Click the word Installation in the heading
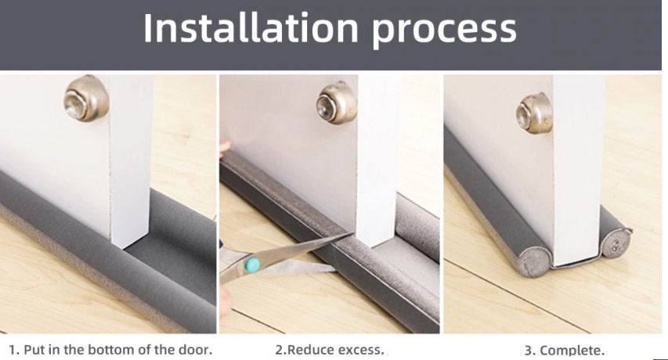[251, 28]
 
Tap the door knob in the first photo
[86, 99]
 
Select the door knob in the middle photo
[336, 103]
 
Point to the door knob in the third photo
[534, 113]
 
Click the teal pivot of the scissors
[252, 265]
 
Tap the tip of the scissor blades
[351, 233]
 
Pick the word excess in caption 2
[360, 351]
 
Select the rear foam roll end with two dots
[616, 243]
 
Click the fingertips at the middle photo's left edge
[224, 149]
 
